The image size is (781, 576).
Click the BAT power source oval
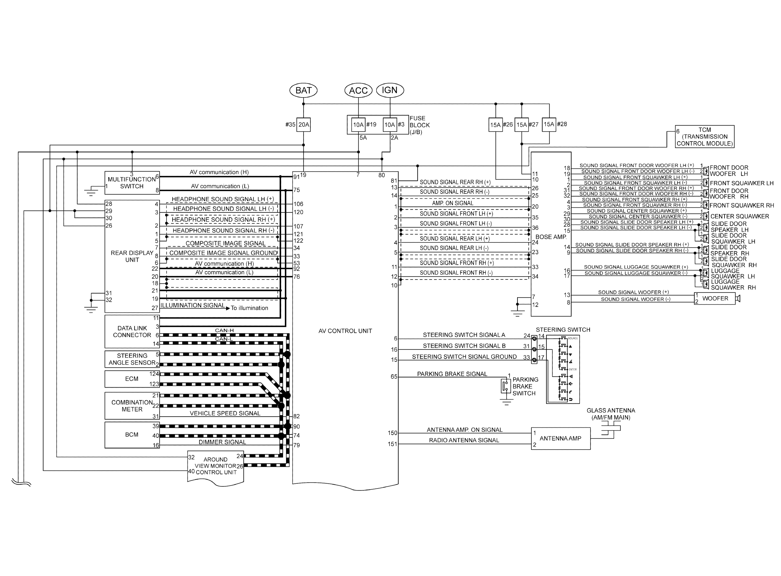[303, 90]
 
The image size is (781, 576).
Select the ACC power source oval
[358, 90]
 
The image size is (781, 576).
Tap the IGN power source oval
[390, 90]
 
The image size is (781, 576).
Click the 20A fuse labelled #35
[303, 124]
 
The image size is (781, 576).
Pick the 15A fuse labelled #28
[549, 124]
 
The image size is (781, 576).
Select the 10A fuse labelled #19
[358, 124]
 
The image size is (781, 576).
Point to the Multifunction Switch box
[132, 183]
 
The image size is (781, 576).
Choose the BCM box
[132, 435]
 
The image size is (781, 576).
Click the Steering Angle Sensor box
[132, 359]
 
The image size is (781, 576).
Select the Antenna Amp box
[560, 438]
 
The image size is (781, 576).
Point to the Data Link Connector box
[132, 332]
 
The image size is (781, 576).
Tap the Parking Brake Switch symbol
[506, 386]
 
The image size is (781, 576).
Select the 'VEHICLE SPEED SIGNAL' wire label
[225, 413]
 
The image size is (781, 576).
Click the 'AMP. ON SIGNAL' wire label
[452, 203]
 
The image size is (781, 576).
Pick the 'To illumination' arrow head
[228, 308]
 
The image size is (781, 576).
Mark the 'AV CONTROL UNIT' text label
[345, 331]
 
